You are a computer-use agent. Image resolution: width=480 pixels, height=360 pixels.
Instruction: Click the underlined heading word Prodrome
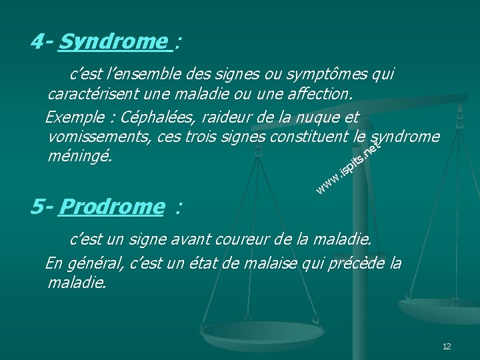pyautogui.click(x=110, y=207)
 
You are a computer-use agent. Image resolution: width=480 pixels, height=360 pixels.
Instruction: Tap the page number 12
pyautogui.click(x=447, y=347)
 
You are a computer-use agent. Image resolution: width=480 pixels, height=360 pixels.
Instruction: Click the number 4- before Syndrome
pyautogui.click(x=42, y=42)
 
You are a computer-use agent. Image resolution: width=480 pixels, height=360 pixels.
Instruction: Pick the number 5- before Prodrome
pyautogui.click(x=42, y=207)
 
